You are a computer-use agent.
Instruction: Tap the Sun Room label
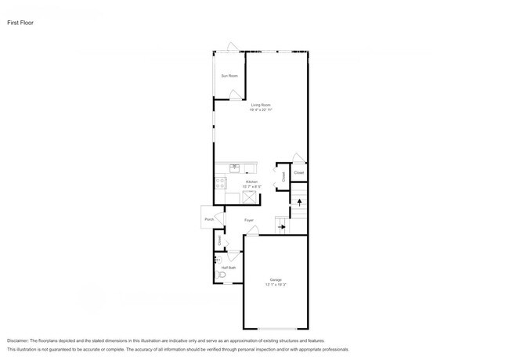click(229, 76)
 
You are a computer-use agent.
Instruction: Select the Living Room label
click(262, 104)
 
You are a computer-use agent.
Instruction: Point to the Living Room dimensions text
click(262, 110)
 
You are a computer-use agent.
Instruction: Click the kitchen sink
click(235, 167)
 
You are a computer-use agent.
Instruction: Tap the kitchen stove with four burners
click(220, 184)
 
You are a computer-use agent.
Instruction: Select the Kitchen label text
click(251, 182)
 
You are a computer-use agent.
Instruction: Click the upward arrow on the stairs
click(299, 203)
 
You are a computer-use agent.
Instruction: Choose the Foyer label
click(249, 220)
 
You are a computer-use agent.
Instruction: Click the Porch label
click(209, 219)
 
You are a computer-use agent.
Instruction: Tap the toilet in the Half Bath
click(221, 275)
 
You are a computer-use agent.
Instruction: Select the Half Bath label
click(229, 268)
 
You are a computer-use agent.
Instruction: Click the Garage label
click(276, 279)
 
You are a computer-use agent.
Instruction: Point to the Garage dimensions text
click(276, 285)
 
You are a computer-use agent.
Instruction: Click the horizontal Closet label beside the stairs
click(298, 173)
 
